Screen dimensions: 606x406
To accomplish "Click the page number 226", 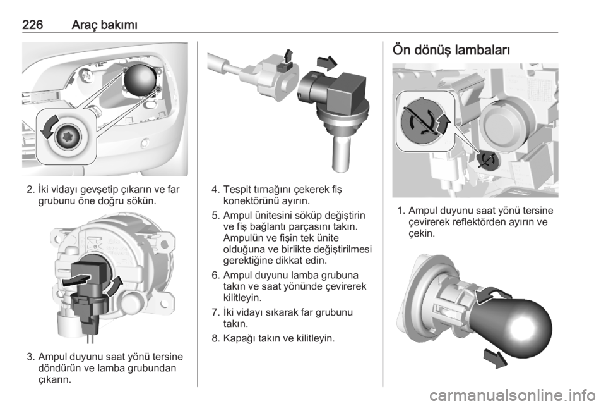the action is pyautogui.click(x=32, y=25).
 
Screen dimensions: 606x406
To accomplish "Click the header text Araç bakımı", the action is pyautogui.click(x=105, y=25).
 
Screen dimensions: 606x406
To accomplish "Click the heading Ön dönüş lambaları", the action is pyautogui.click(x=451, y=51).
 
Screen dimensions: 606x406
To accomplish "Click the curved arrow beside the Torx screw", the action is pyautogui.click(x=49, y=126).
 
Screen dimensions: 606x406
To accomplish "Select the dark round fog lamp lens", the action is pyautogui.click(x=140, y=79).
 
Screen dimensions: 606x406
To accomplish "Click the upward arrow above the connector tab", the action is pyautogui.click(x=288, y=56).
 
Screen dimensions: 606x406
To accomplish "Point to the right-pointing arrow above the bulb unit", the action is pyautogui.click(x=326, y=63).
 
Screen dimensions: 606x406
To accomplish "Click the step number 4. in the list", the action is pyautogui.click(x=216, y=190).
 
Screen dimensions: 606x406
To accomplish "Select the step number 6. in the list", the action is pyautogui.click(x=216, y=276).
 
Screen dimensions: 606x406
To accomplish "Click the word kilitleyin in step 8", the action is pyautogui.click(x=314, y=339).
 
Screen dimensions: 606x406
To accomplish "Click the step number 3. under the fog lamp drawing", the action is pyautogui.click(x=32, y=357).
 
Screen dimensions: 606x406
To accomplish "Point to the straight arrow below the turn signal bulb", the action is pyautogui.click(x=495, y=359).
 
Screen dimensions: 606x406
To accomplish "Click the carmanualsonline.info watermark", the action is pyautogui.click(x=512, y=395).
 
